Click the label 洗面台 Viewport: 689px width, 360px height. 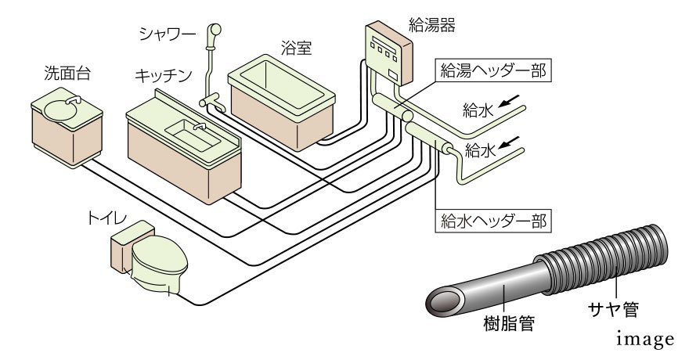(67, 74)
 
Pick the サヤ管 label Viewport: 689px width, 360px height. (615, 311)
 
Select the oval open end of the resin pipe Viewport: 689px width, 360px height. (445, 301)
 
